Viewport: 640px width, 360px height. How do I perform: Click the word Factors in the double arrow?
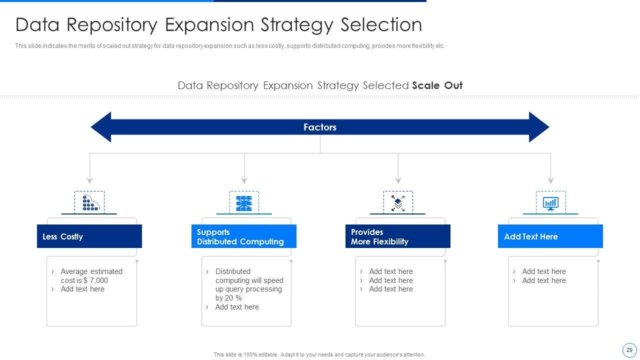319,127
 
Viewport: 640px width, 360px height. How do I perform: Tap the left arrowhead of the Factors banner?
100,127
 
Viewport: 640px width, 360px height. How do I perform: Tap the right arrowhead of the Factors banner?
539,127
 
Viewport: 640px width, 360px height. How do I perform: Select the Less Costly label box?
89,236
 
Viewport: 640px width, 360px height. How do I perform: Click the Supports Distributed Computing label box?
243,236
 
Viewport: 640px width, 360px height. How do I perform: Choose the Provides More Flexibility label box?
397,236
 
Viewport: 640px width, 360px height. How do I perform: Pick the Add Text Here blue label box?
550,236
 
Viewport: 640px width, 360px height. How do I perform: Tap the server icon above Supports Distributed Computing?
244,203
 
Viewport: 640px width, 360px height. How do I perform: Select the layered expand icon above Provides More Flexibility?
398,203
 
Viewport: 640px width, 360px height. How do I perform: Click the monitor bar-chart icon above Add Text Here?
550,203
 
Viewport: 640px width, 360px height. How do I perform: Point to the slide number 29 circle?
629,350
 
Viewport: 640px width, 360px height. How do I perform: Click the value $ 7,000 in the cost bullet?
96,280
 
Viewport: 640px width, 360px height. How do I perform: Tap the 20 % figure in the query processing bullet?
233,298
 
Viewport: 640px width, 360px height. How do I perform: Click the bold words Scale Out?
437,85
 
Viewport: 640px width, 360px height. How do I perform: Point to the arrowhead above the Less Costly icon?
89,181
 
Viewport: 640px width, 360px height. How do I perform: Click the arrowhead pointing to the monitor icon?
551,181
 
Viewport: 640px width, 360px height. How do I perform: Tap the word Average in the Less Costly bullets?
74,271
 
